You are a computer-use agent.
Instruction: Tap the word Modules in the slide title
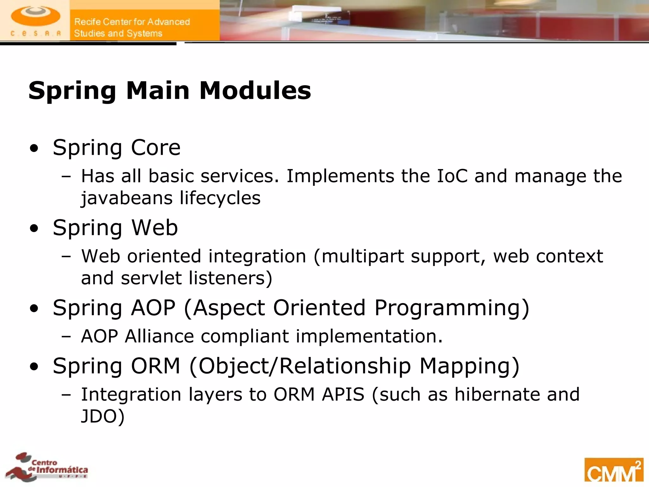[x=255, y=91]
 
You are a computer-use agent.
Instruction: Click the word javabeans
[x=127, y=198]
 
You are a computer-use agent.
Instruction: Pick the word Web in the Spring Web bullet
[x=155, y=228]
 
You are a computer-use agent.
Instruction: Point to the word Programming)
[x=452, y=308]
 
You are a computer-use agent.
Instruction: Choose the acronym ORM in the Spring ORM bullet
[x=156, y=366]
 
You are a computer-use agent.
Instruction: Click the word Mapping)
[x=469, y=367]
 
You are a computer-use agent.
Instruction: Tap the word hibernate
[x=497, y=394]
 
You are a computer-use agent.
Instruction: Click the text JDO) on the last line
[x=103, y=416]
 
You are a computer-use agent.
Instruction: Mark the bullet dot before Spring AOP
[x=34, y=308]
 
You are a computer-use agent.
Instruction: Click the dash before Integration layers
[x=67, y=395]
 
